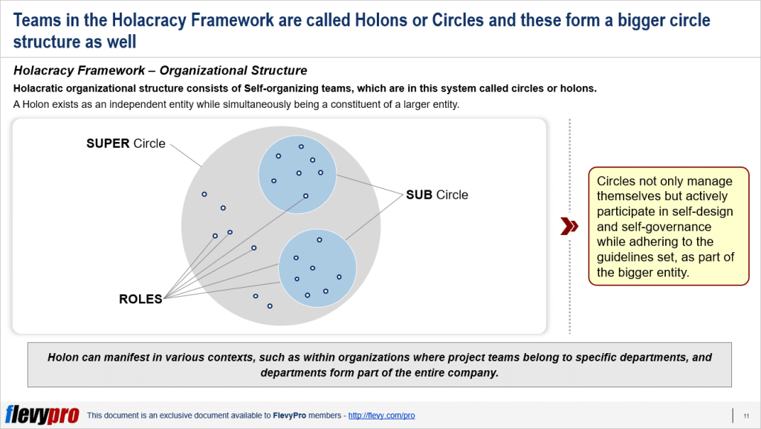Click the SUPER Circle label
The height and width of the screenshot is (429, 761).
126,143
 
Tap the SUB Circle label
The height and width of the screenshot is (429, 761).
437,195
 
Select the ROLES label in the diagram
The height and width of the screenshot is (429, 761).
140,299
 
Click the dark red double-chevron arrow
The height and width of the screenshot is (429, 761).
569,227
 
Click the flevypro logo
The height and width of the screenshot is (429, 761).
42,415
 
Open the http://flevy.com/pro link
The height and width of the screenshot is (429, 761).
381,416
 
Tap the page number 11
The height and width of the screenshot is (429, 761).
745,416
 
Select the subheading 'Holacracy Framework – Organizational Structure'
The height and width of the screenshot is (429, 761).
160,71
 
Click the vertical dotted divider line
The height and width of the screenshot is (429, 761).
570,223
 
